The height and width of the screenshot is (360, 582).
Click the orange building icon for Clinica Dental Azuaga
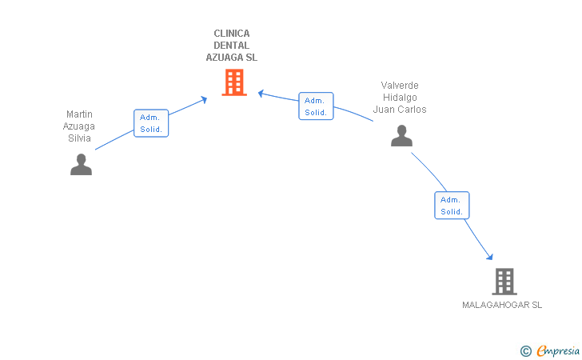[x=234, y=82]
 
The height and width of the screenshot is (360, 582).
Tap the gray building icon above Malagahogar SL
[x=504, y=282]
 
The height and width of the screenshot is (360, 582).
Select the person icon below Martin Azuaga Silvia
[x=81, y=164]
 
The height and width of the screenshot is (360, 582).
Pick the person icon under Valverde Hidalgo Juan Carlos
[x=401, y=136]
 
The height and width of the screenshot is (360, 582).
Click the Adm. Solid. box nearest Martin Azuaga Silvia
[x=151, y=123]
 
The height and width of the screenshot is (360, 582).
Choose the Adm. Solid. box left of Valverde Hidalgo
[x=316, y=106]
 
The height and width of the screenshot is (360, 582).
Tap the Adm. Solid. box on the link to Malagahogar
[x=452, y=206]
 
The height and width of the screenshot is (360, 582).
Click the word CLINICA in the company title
[x=232, y=34]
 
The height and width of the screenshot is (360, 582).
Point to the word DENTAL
[x=232, y=46]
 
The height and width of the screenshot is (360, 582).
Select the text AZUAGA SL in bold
[x=232, y=58]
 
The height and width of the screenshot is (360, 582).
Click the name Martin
[x=79, y=114]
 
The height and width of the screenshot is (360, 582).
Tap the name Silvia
[x=79, y=138]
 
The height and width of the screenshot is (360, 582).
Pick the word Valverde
[x=400, y=86]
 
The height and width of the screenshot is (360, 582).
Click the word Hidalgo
[x=400, y=98]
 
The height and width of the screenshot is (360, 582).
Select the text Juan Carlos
[x=400, y=110]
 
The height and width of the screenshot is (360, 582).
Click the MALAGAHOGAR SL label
[x=502, y=305]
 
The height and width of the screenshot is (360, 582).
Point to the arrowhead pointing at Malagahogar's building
[x=490, y=257]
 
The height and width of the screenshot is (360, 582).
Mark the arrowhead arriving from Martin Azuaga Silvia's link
[x=204, y=99]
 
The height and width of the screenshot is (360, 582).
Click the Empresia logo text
[x=558, y=350]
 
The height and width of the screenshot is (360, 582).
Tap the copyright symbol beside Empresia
[x=526, y=351]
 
